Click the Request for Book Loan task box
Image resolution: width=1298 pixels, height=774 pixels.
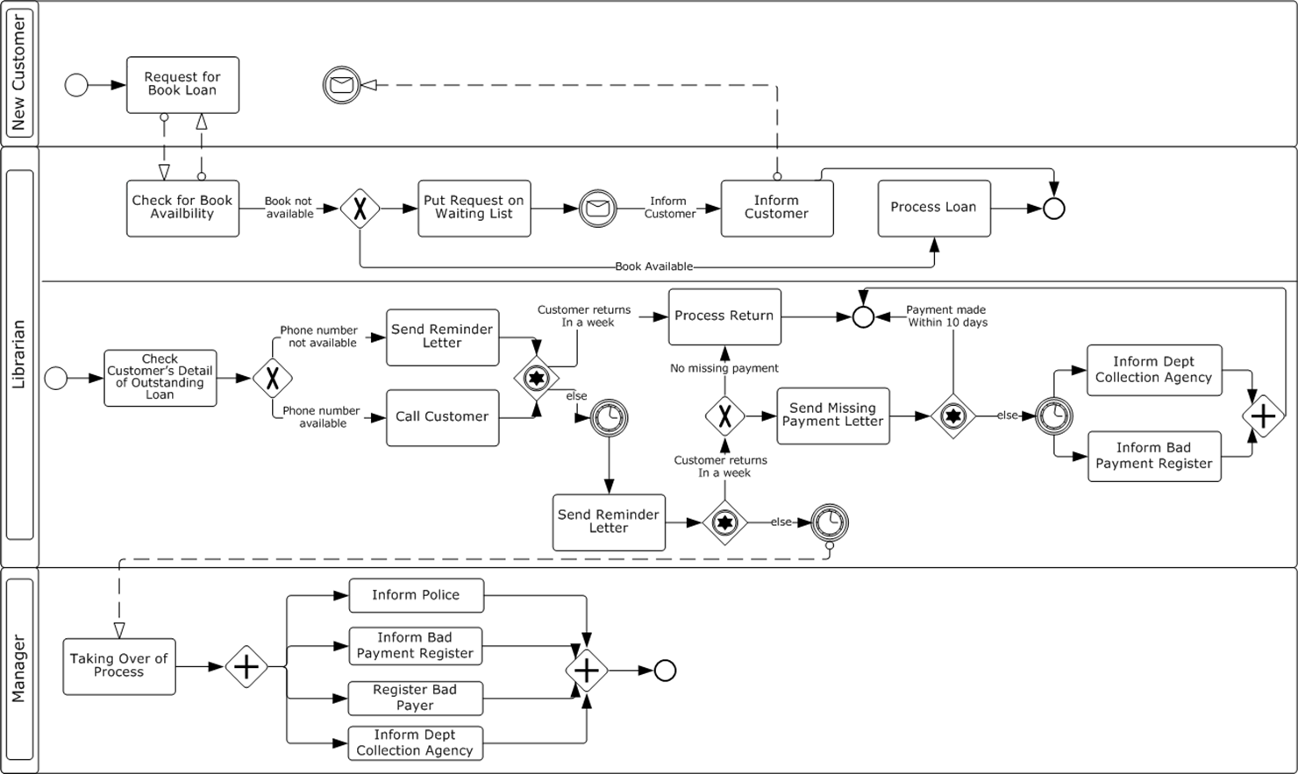(182, 84)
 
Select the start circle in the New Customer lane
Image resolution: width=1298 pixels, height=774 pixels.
(76, 85)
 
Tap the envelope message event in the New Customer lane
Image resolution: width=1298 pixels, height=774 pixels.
(342, 85)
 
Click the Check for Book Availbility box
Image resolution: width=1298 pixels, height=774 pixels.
(182, 208)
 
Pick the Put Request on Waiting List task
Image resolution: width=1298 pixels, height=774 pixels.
(474, 208)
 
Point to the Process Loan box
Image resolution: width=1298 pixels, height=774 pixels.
(934, 208)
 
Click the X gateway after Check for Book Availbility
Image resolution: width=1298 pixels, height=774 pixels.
(360, 209)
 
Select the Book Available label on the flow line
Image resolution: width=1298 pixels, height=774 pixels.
(653, 266)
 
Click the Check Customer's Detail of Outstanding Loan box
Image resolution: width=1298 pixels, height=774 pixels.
(160, 378)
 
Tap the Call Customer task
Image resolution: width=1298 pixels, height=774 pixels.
(442, 417)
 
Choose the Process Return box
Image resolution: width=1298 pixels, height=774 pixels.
(724, 316)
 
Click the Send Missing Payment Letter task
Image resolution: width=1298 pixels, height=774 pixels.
(832, 415)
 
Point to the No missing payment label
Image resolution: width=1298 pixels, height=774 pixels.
(724, 368)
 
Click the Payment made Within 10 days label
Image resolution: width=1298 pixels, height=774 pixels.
(946, 316)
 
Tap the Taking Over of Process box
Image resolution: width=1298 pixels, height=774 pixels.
(119, 666)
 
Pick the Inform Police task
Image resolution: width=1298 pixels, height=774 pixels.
(416, 595)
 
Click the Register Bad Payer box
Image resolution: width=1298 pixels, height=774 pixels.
(415, 698)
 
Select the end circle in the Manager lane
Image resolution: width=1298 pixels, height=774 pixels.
(666, 671)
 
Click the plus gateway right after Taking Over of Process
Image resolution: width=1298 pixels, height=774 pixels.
(246, 667)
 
